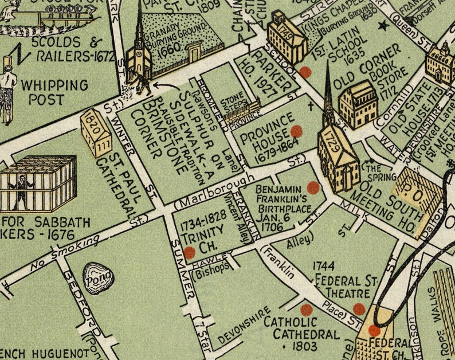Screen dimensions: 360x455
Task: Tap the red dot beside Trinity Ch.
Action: point(190,252)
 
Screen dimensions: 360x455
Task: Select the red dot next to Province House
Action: point(296,131)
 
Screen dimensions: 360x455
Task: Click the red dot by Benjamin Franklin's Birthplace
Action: point(313,187)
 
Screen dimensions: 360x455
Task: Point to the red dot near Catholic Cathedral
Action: point(307,310)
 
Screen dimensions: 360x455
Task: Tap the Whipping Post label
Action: point(54,92)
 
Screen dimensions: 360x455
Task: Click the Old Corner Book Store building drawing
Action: point(359,104)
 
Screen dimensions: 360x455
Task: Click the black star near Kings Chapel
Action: point(385,25)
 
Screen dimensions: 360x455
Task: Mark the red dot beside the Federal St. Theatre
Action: point(359,308)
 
